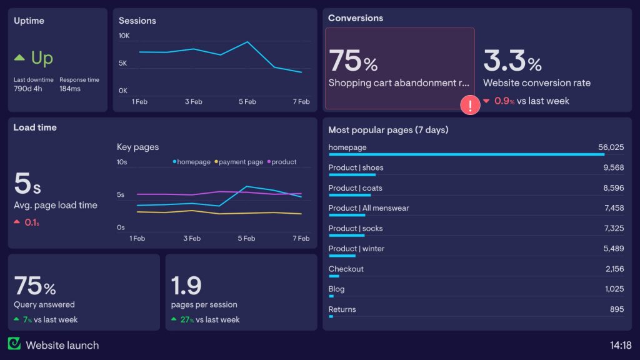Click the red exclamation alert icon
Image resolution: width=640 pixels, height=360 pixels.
[469, 105]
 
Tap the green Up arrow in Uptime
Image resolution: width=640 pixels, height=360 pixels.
[19, 58]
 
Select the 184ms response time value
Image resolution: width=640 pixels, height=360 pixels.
[70, 89]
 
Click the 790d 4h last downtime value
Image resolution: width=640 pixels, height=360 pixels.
[28, 89]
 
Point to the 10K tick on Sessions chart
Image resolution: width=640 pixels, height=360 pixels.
[124, 36]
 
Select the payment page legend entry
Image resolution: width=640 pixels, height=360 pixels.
[239, 162]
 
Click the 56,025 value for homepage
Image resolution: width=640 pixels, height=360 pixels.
[611, 147]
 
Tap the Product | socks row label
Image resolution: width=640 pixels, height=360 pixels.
[356, 228]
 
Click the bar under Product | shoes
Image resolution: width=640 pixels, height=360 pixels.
[351, 175]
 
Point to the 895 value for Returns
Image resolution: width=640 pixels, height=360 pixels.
[616, 309]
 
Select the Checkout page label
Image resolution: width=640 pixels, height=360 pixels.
[346, 269]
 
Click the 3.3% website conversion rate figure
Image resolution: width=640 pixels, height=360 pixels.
[512, 61]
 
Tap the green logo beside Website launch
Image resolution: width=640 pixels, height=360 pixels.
[14, 344]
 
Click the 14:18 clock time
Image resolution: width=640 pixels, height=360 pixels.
[620, 345]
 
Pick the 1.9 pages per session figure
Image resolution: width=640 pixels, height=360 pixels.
[186, 286]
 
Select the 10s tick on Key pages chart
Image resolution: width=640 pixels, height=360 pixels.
[122, 162]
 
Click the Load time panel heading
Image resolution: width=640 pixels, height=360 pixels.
[35, 127]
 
